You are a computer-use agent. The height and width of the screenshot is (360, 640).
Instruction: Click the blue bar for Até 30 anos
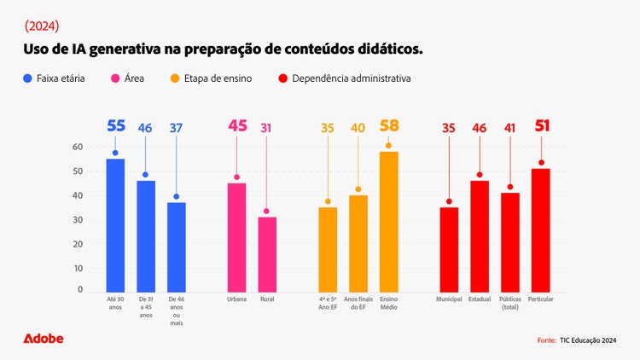point(115,225)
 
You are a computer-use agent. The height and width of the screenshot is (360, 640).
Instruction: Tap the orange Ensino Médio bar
point(388,222)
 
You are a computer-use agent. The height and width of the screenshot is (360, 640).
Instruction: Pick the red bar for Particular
point(540,230)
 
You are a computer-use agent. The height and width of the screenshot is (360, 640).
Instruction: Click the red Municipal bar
point(449,249)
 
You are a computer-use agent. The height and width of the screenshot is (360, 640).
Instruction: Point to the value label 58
point(388,126)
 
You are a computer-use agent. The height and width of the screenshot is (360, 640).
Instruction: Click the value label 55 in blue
point(116,126)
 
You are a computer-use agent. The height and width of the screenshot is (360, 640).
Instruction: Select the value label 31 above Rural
point(267,128)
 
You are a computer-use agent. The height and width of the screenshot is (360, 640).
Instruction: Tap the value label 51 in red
point(541,126)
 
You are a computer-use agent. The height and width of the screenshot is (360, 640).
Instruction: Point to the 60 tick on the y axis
point(78,147)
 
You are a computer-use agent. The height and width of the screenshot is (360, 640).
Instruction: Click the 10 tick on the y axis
point(78,268)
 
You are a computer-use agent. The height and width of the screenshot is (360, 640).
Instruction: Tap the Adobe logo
point(44,339)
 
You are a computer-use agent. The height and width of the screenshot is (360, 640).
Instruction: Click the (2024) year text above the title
point(43,26)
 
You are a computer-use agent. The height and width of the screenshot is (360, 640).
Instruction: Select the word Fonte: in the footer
point(546,340)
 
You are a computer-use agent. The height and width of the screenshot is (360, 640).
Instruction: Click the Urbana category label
point(236,299)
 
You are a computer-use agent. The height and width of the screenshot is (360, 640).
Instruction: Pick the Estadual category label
point(480,299)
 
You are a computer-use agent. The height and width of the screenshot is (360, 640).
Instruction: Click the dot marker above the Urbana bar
point(236,177)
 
